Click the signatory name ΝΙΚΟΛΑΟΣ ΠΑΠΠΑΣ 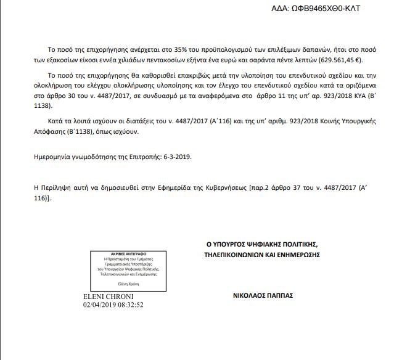pos(258,295)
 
